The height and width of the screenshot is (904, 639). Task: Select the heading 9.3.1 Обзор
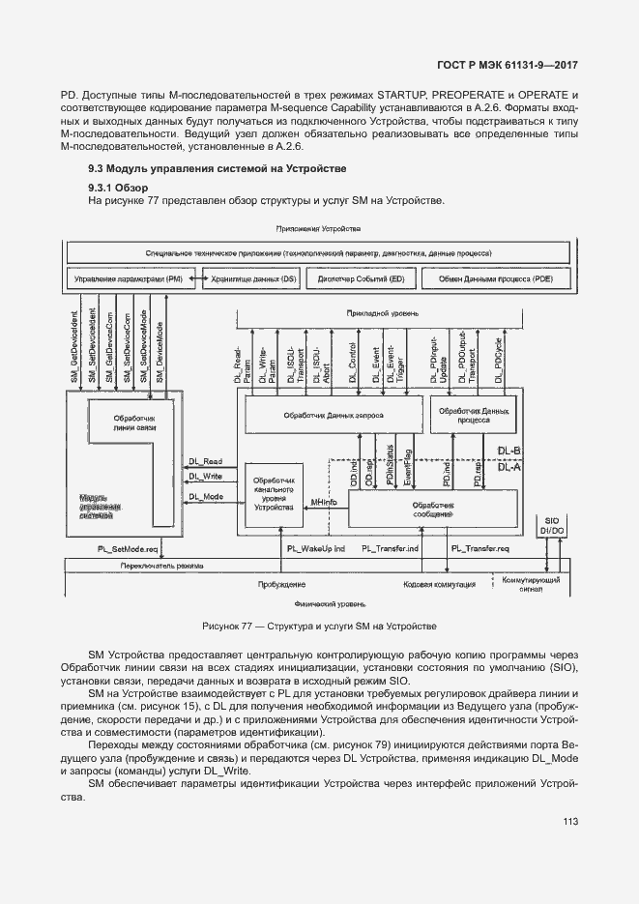(117, 188)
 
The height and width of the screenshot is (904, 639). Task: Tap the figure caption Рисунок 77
(319, 627)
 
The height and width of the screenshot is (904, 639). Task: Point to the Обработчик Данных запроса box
(333, 415)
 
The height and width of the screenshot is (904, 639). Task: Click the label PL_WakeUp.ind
(315, 547)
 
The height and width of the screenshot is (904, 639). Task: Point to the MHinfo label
(323, 504)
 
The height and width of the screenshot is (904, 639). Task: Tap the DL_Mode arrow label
(206, 496)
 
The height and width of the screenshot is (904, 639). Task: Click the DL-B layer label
(508, 452)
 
